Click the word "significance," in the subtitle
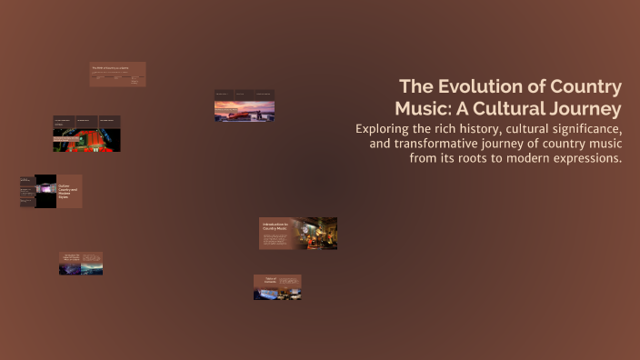click(578, 129)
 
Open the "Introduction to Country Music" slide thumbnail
click(298, 233)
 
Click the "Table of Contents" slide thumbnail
click(277, 287)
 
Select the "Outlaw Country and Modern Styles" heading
click(69, 192)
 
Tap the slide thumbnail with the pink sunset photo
click(245, 106)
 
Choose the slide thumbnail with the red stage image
click(86, 134)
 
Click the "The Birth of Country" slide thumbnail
click(117, 75)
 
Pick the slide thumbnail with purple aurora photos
click(81, 264)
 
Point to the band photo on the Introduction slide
click(321, 233)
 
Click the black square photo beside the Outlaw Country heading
click(45, 192)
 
